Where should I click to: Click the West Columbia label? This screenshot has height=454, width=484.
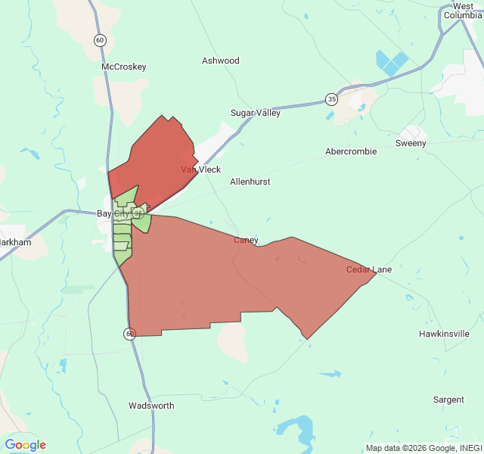pos(463,11)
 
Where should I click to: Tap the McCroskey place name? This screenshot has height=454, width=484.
pos(123,67)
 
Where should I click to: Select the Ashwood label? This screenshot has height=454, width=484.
pos(221,61)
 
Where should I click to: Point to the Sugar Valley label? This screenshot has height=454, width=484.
pos(255,113)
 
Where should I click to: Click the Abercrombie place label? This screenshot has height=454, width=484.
pos(351,151)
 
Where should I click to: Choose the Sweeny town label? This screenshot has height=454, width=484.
pos(411,143)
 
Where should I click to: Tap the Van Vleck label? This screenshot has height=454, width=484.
pos(200,170)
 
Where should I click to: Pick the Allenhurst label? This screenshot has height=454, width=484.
pos(250,182)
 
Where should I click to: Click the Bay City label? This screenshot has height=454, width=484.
pos(113,213)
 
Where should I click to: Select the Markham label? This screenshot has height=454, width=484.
pos(15,242)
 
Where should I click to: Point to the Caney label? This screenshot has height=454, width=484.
pos(246,240)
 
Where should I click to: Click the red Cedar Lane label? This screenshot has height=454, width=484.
pos(369,269)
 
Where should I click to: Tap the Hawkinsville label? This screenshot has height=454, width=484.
pos(444,333)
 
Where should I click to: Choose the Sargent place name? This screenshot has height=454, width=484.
pos(448,399)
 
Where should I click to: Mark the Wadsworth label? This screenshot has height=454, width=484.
pos(151,406)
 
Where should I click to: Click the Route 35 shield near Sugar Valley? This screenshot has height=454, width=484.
pos(332,99)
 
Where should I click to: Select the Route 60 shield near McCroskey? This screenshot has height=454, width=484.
pos(100,40)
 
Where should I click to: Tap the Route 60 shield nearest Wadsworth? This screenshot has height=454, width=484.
pos(130,333)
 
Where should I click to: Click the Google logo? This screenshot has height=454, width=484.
pos(25,445)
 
